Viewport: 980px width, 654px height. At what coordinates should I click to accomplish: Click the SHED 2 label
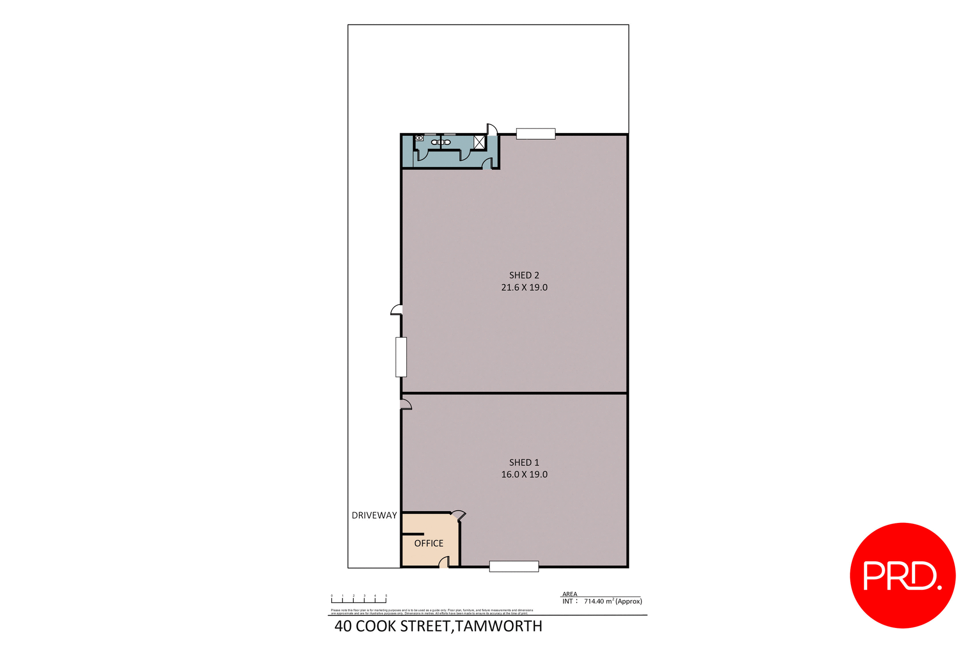(524, 275)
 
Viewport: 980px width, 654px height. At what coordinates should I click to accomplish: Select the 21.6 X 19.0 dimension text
(524, 288)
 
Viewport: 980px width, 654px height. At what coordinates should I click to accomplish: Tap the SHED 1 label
(524, 463)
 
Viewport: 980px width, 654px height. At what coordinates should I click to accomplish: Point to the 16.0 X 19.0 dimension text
(524, 474)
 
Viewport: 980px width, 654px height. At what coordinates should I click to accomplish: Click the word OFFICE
(428, 544)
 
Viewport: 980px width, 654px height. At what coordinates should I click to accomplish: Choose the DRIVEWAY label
(374, 516)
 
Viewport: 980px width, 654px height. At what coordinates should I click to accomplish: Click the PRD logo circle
(902, 575)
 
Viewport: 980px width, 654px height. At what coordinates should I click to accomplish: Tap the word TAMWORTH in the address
(498, 626)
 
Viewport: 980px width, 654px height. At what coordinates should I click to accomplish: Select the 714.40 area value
(594, 602)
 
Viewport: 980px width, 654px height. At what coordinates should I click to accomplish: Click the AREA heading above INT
(570, 594)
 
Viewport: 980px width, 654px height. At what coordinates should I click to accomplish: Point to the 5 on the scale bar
(386, 596)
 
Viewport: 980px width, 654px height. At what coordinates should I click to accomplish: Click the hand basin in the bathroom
(419, 138)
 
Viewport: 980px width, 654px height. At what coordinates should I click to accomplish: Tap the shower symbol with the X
(479, 142)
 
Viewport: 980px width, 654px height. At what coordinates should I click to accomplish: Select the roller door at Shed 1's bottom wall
(513, 566)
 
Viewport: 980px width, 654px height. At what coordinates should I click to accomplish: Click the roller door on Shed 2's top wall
(535, 134)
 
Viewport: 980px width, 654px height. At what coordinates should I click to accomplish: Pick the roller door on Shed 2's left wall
(401, 357)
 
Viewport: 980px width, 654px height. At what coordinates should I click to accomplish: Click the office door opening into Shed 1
(458, 516)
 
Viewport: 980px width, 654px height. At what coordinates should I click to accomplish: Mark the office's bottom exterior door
(444, 563)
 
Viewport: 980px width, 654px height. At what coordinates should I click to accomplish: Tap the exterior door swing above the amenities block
(492, 130)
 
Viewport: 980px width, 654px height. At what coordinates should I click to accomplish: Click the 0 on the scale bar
(332, 596)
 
